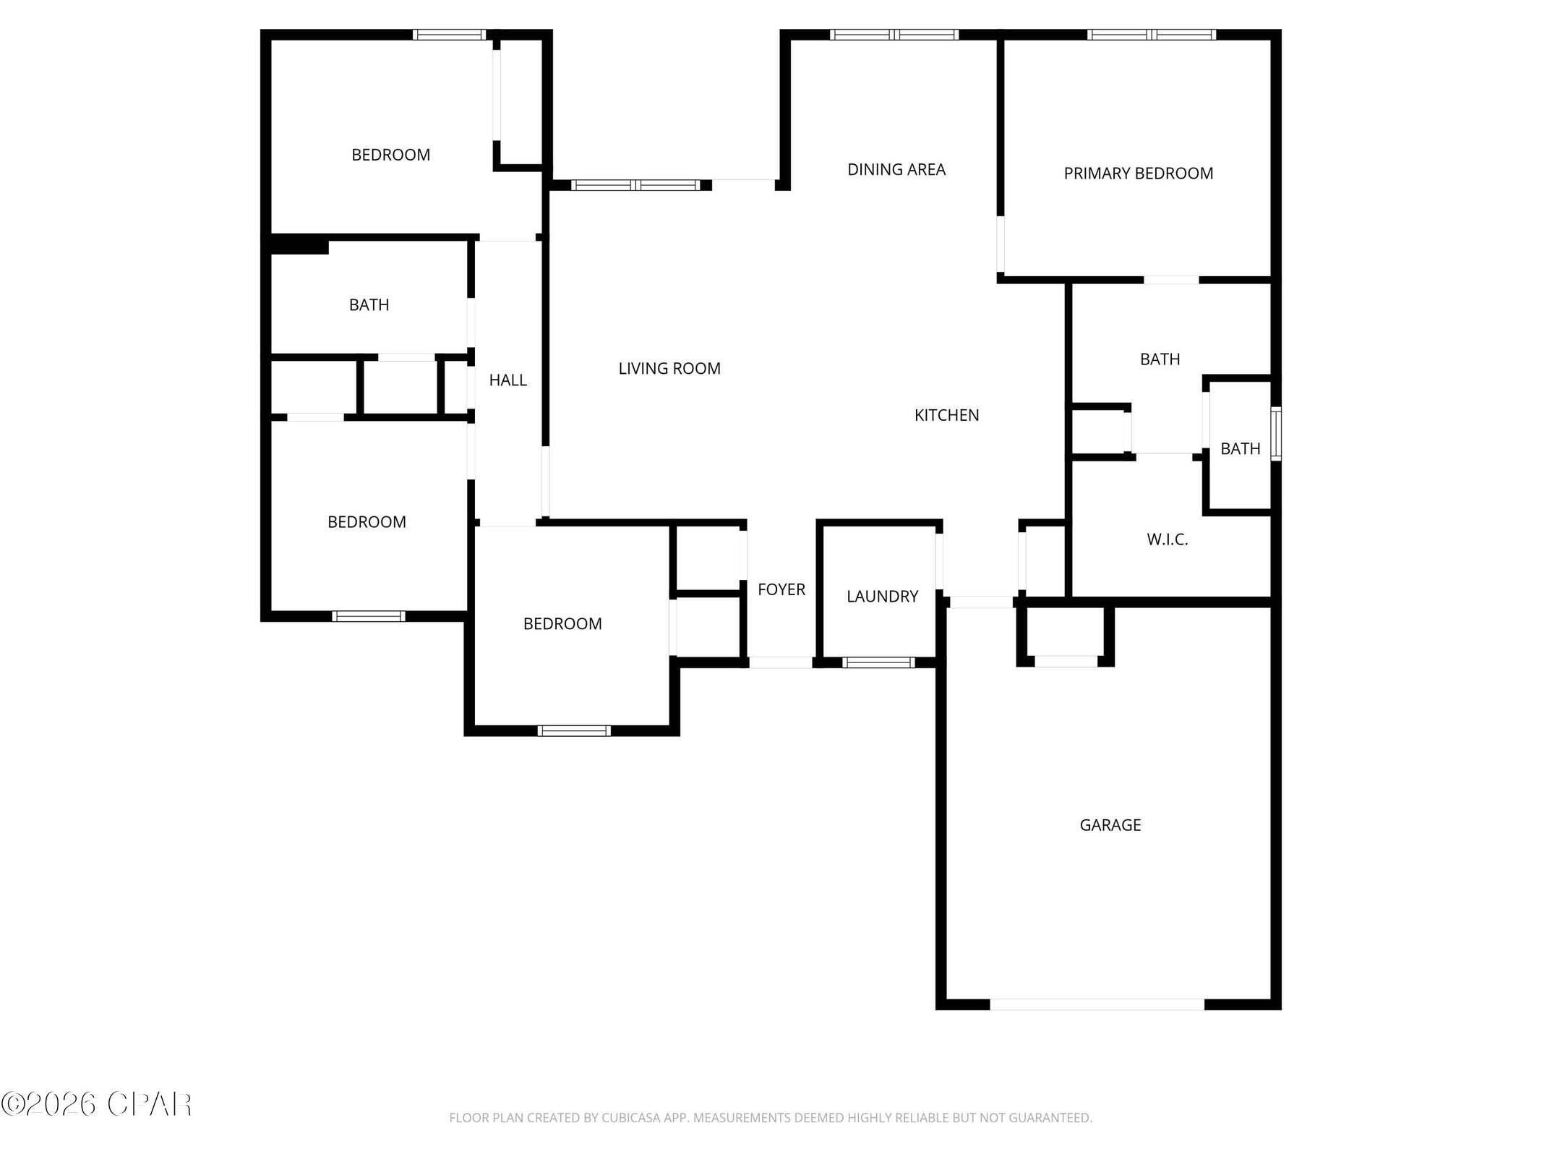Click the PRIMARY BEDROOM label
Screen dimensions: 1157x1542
[x=1138, y=174]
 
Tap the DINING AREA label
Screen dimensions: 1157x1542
[x=896, y=169]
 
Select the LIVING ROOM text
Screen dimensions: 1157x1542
[x=669, y=369]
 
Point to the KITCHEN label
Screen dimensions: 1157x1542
[x=946, y=415]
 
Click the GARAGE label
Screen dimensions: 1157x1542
[x=1110, y=825]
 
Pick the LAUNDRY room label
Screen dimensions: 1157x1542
[x=882, y=597]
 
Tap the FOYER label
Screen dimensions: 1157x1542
[x=781, y=589]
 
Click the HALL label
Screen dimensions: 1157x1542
[x=507, y=380]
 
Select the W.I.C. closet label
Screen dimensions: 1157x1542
[x=1167, y=539]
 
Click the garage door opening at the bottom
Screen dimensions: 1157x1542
[x=1097, y=1004]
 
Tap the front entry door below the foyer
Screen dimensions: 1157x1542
[x=780, y=662]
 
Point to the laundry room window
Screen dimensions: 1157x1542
[x=878, y=662]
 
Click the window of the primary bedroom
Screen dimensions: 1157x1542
[x=1151, y=35]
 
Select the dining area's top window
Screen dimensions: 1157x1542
[x=894, y=35]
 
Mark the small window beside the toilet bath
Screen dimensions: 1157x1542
[x=1276, y=434]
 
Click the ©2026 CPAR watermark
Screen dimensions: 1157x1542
[x=96, y=1104]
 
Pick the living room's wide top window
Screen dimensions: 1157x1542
[x=635, y=185]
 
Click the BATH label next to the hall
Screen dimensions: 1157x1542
[x=369, y=305]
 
